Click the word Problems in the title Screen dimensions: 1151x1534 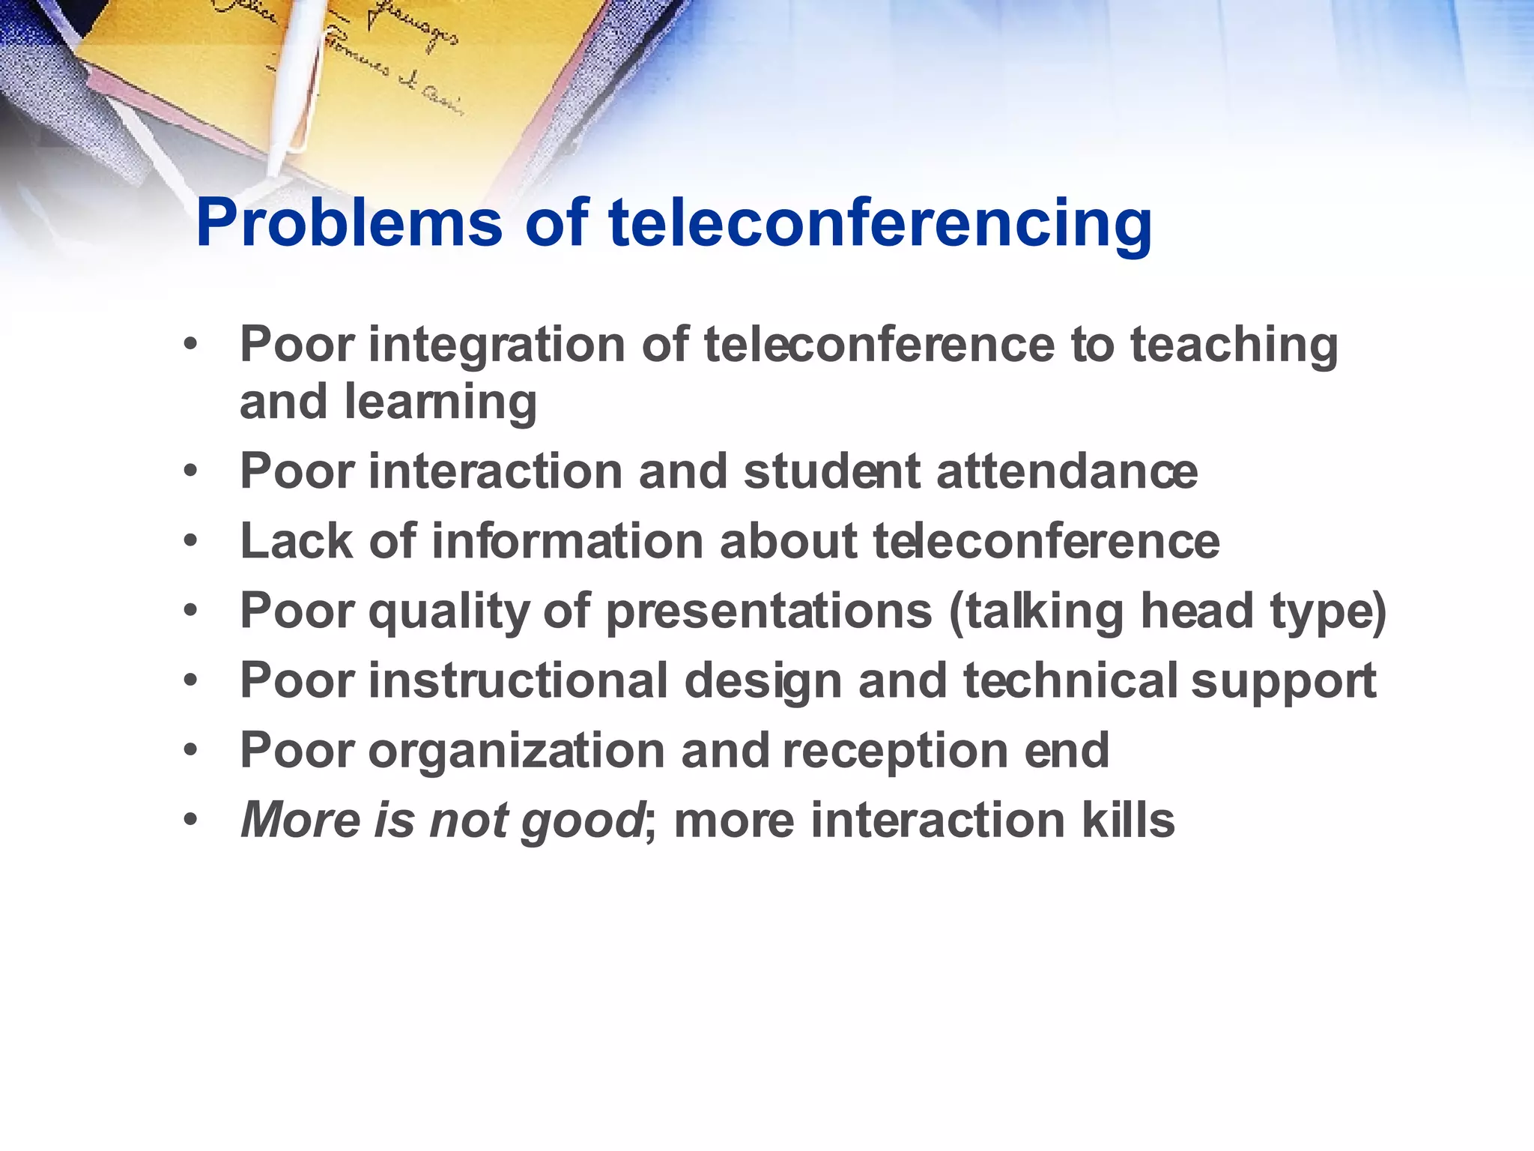[348, 223]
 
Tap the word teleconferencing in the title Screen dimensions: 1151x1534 [880, 223]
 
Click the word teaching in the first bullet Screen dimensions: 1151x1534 [1234, 346]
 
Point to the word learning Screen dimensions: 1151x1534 [440, 402]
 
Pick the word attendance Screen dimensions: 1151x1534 [1067, 472]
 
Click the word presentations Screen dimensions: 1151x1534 [768, 611]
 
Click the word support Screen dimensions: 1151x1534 [1283, 682]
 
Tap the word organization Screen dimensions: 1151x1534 [517, 751]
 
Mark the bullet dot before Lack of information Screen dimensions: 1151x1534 [191, 541]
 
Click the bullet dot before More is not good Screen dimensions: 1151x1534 [191, 820]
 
